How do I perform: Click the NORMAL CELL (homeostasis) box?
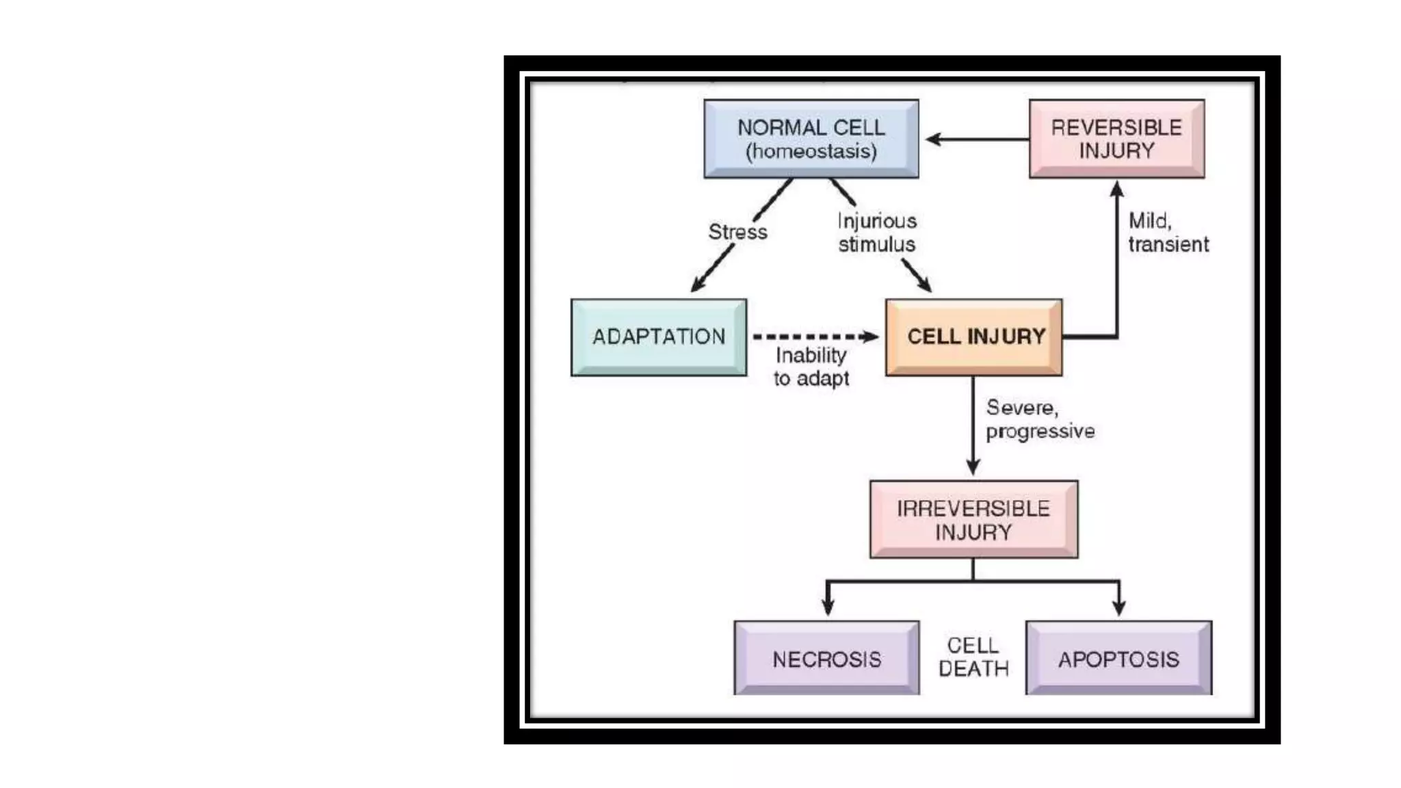tap(811, 139)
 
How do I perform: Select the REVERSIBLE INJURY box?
tap(1116, 139)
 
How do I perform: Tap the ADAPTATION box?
tap(658, 337)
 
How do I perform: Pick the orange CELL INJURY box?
tap(973, 337)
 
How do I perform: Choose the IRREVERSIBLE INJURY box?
tap(973, 519)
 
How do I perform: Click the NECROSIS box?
tap(826, 659)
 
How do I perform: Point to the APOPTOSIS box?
tap(1118, 659)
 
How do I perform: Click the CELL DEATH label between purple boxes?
tap(973, 657)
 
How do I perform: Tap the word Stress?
tap(737, 232)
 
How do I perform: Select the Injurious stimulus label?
tap(877, 233)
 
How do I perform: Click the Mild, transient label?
tap(1168, 233)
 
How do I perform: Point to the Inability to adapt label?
tap(811, 367)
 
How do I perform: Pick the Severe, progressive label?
tap(1040, 419)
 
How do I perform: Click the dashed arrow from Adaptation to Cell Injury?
tap(814, 337)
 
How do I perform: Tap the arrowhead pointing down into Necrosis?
tap(828, 607)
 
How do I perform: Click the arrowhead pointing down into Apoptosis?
tap(1119, 607)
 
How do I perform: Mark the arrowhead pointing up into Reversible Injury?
tap(1116, 188)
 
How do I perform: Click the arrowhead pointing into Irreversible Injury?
tap(973, 467)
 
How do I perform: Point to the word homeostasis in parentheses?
tap(811, 151)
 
